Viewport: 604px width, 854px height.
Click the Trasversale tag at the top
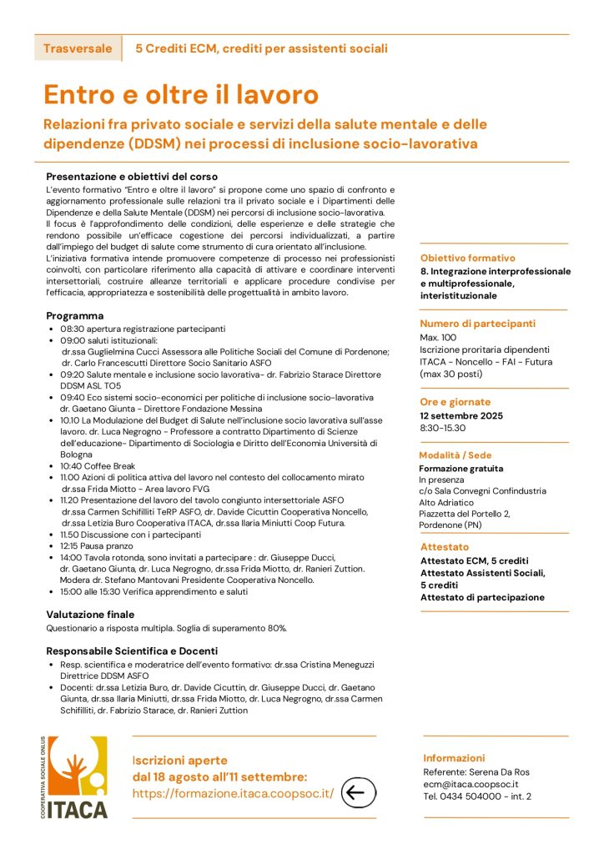78,48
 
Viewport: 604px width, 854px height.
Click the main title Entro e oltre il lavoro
181,93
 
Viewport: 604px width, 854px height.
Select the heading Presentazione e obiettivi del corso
132,177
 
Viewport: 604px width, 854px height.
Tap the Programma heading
75,316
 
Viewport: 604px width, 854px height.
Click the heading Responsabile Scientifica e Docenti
132,651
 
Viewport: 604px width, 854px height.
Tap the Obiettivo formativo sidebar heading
467,259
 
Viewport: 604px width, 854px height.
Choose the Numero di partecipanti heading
477,324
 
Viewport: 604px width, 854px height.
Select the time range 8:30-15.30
443,428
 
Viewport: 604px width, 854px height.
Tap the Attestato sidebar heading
445,547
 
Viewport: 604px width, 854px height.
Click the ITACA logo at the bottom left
77,776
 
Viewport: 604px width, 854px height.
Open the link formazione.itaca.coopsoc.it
233,793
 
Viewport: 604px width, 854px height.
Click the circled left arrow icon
359,792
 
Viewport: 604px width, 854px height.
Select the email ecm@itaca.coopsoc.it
471,784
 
